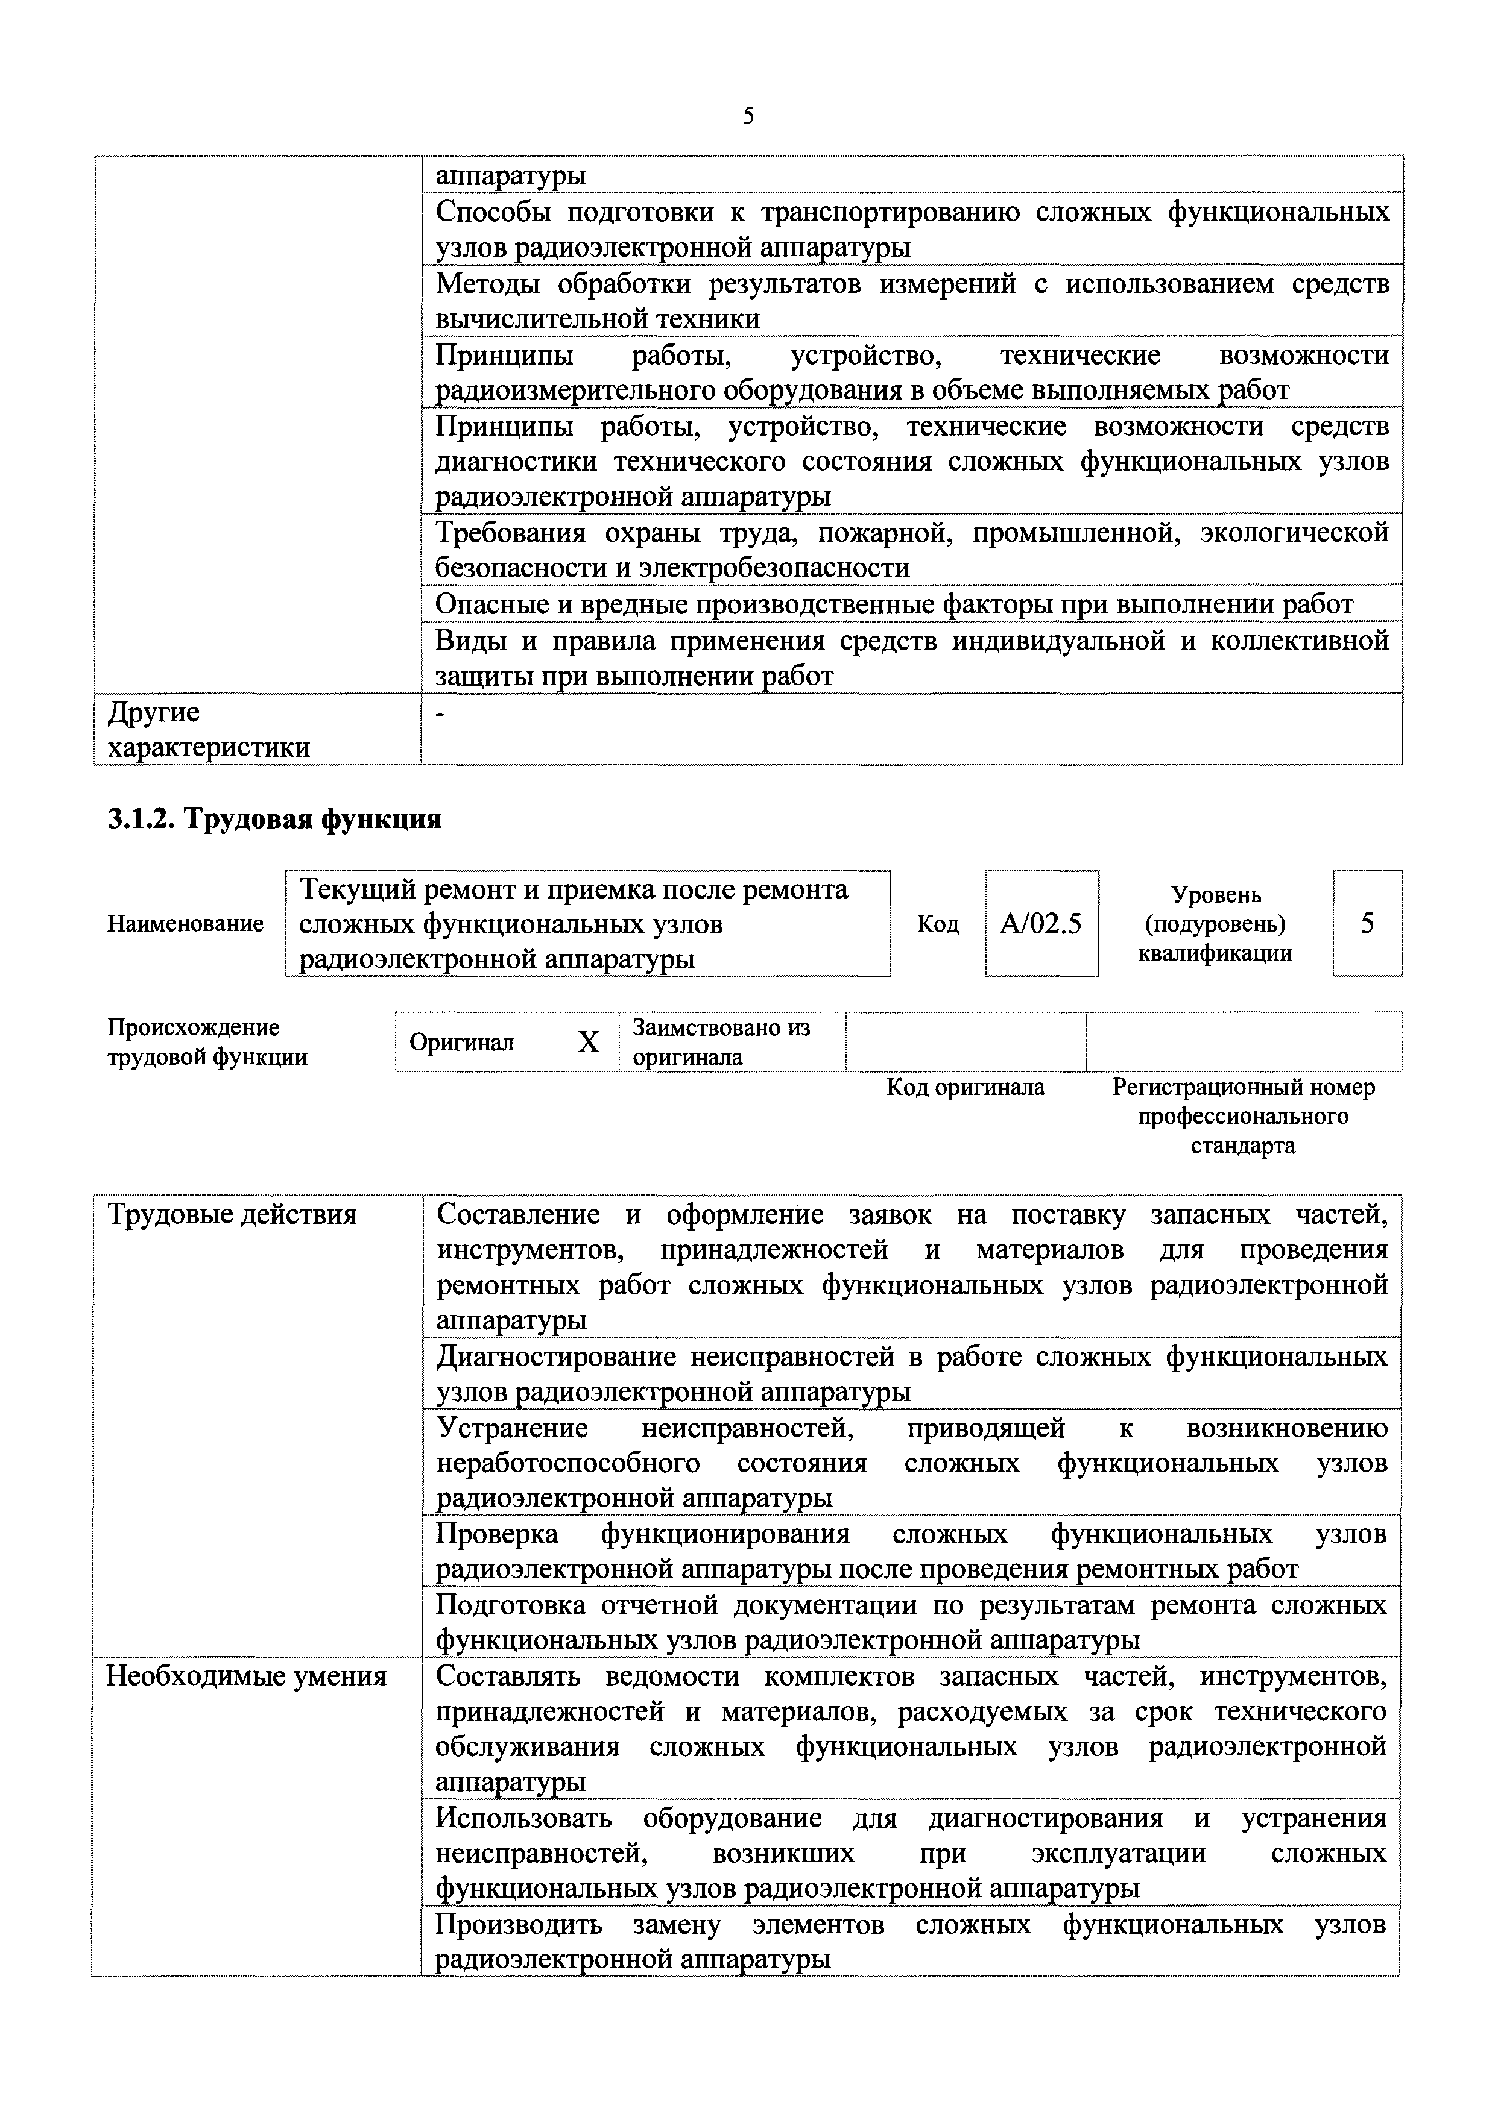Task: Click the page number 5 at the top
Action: coord(748,116)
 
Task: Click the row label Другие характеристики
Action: coord(209,729)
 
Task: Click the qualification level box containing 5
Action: coord(1367,923)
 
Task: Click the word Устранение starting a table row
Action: coord(512,1428)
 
